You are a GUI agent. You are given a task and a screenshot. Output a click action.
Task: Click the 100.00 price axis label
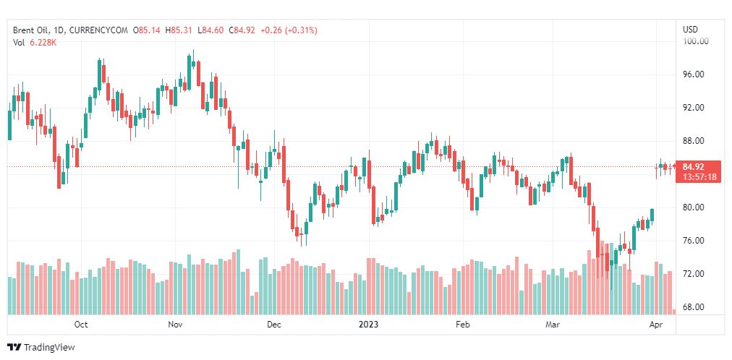[x=697, y=41]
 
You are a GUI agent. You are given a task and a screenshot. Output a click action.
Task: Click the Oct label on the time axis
[x=81, y=325]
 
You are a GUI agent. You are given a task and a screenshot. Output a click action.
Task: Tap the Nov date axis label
[x=176, y=325]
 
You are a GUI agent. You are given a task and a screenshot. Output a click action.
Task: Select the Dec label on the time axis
[x=273, y=325]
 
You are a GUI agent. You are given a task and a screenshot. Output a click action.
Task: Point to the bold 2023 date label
[x=370, y=325]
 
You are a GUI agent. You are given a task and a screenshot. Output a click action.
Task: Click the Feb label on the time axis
[x=463, y=325]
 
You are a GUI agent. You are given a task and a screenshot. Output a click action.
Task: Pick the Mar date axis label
[x=553, y=325]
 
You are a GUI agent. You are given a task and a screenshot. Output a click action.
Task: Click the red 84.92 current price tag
[x=698, y=167]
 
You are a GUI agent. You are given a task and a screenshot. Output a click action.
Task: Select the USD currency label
[x=690, y=30]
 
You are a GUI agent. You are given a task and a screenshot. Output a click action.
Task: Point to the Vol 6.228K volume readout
[x=35, y=43]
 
